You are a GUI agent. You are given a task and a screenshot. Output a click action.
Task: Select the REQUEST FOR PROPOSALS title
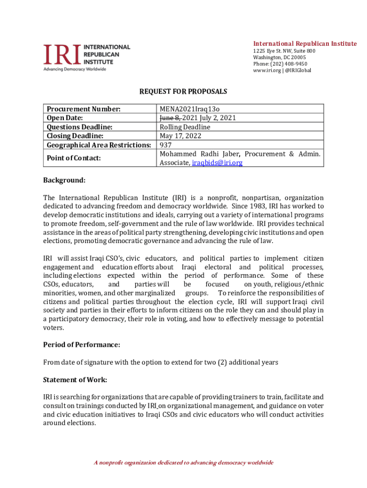click(x=183, y=91)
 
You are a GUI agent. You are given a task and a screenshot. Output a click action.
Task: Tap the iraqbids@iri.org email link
click(x=217, y=163)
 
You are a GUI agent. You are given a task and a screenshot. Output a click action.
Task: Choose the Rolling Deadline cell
click(x=185, y=127)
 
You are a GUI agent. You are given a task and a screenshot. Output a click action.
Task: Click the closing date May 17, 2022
click(x=180, y=136)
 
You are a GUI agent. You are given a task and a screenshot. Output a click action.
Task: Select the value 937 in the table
click(x=165, y=145)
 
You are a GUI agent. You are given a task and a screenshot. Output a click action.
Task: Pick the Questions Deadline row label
click(x=79, y=127)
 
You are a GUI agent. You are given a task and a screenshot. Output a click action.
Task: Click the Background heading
click(x=64, y=180)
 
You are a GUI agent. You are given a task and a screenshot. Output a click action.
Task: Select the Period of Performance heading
click(x=82, y=345)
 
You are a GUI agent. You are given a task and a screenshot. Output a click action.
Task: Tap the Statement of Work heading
click(x=75, y=380)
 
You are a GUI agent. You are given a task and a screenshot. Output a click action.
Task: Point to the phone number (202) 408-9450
click(x=280, y=64)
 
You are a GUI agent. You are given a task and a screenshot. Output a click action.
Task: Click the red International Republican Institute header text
click(x=305, y=44)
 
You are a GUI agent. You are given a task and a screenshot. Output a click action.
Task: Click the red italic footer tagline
click(x=183, y=463)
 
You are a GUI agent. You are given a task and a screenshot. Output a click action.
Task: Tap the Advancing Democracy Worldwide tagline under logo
click(x=75, y=69)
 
